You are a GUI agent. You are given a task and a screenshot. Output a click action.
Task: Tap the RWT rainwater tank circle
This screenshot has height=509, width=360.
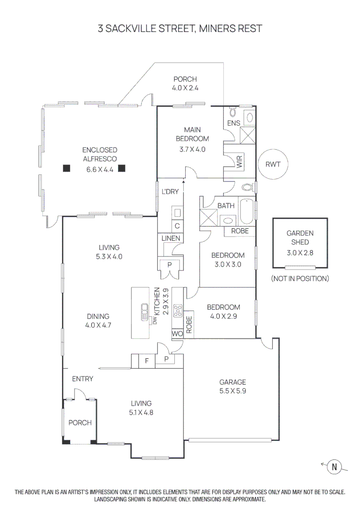click(272, 165)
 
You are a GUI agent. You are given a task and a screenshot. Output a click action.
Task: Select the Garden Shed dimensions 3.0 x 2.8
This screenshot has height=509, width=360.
click(300, 252)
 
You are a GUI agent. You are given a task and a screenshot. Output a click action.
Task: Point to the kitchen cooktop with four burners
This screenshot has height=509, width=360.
click(178, 311)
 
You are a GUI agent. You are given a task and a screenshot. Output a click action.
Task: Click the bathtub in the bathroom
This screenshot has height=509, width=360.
click(247, 213)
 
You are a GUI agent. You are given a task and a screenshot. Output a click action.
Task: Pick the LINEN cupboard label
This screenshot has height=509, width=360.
click(171, 238)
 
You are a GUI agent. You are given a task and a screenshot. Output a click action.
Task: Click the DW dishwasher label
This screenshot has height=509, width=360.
click(154, 320)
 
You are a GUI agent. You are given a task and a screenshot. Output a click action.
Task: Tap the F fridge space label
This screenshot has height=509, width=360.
click(147, 361)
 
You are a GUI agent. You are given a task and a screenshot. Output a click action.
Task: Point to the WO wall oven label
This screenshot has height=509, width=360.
click(177, 334)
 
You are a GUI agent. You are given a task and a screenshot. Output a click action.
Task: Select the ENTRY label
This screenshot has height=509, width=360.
click(82, 379)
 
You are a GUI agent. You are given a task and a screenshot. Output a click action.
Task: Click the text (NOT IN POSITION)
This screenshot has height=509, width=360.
click(300, 279)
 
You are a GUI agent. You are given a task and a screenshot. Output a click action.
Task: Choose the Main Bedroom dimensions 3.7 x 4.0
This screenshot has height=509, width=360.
click(192, 149)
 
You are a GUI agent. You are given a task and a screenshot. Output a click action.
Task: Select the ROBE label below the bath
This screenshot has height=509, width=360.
click(240, 231)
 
